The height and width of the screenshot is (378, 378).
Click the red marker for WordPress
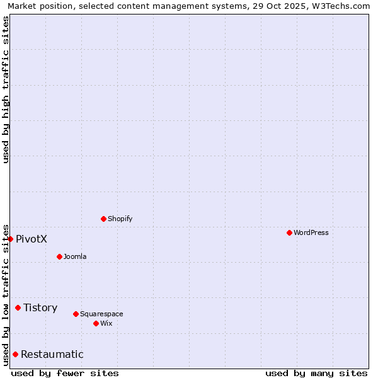289,232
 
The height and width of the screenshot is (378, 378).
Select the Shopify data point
103,219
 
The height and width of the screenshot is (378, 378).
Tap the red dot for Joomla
59,256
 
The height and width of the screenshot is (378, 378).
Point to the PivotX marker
10,239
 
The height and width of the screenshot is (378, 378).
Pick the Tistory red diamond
18,307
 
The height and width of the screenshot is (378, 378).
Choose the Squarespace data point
76,314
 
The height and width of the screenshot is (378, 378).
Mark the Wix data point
96,323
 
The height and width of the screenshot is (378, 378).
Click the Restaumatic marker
15,354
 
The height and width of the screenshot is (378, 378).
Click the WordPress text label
311,232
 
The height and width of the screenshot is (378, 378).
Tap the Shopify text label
120,219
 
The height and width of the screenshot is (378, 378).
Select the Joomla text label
75,256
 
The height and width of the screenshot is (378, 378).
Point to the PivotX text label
31,239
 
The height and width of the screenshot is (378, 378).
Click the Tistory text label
40,307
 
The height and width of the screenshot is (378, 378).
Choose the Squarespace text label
101,314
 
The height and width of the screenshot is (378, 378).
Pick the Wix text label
106,323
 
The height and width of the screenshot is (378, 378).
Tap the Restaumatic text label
52,354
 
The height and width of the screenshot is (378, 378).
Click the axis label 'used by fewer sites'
65,373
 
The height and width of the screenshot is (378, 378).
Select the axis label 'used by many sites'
316,373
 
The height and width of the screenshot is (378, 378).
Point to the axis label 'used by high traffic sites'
6,89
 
